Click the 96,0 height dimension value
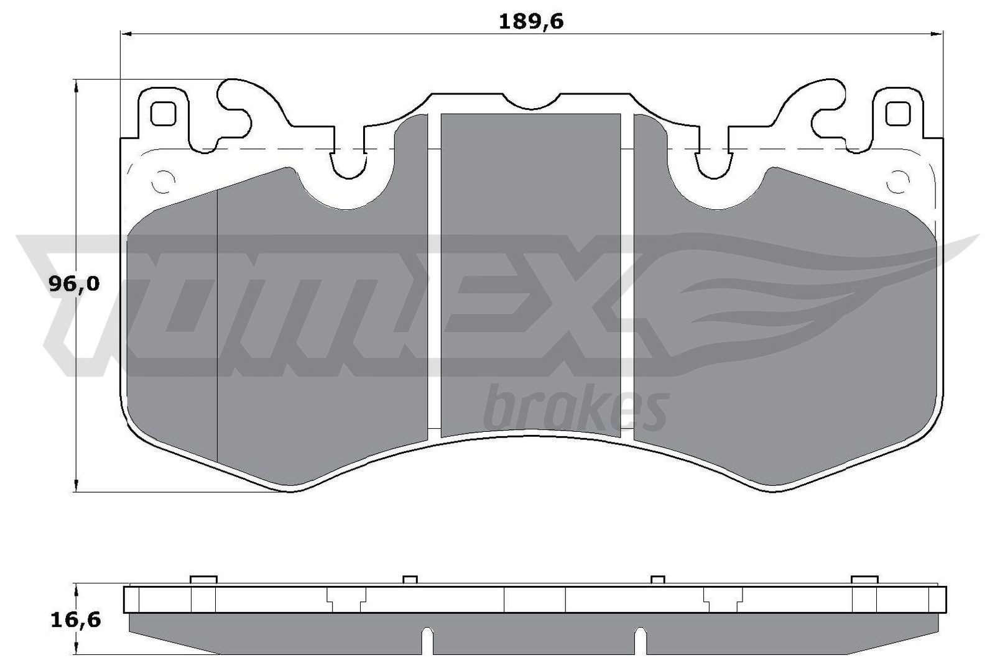pyautogui.click(x=73, y=284)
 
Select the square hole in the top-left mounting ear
pyautogui.click(x=164, y=113)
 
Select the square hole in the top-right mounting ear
pyautogui.click(x=897, y=113)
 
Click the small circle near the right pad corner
pyautogui.click(x=897, y=182)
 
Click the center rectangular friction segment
pyautogui.click(x=530, y=273)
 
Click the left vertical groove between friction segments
pyautogui.click(x=434, y=273)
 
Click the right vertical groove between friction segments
pyautogui.click(x=627, y=273)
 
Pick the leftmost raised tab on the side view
pyautogui.click(x=203, y=579)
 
